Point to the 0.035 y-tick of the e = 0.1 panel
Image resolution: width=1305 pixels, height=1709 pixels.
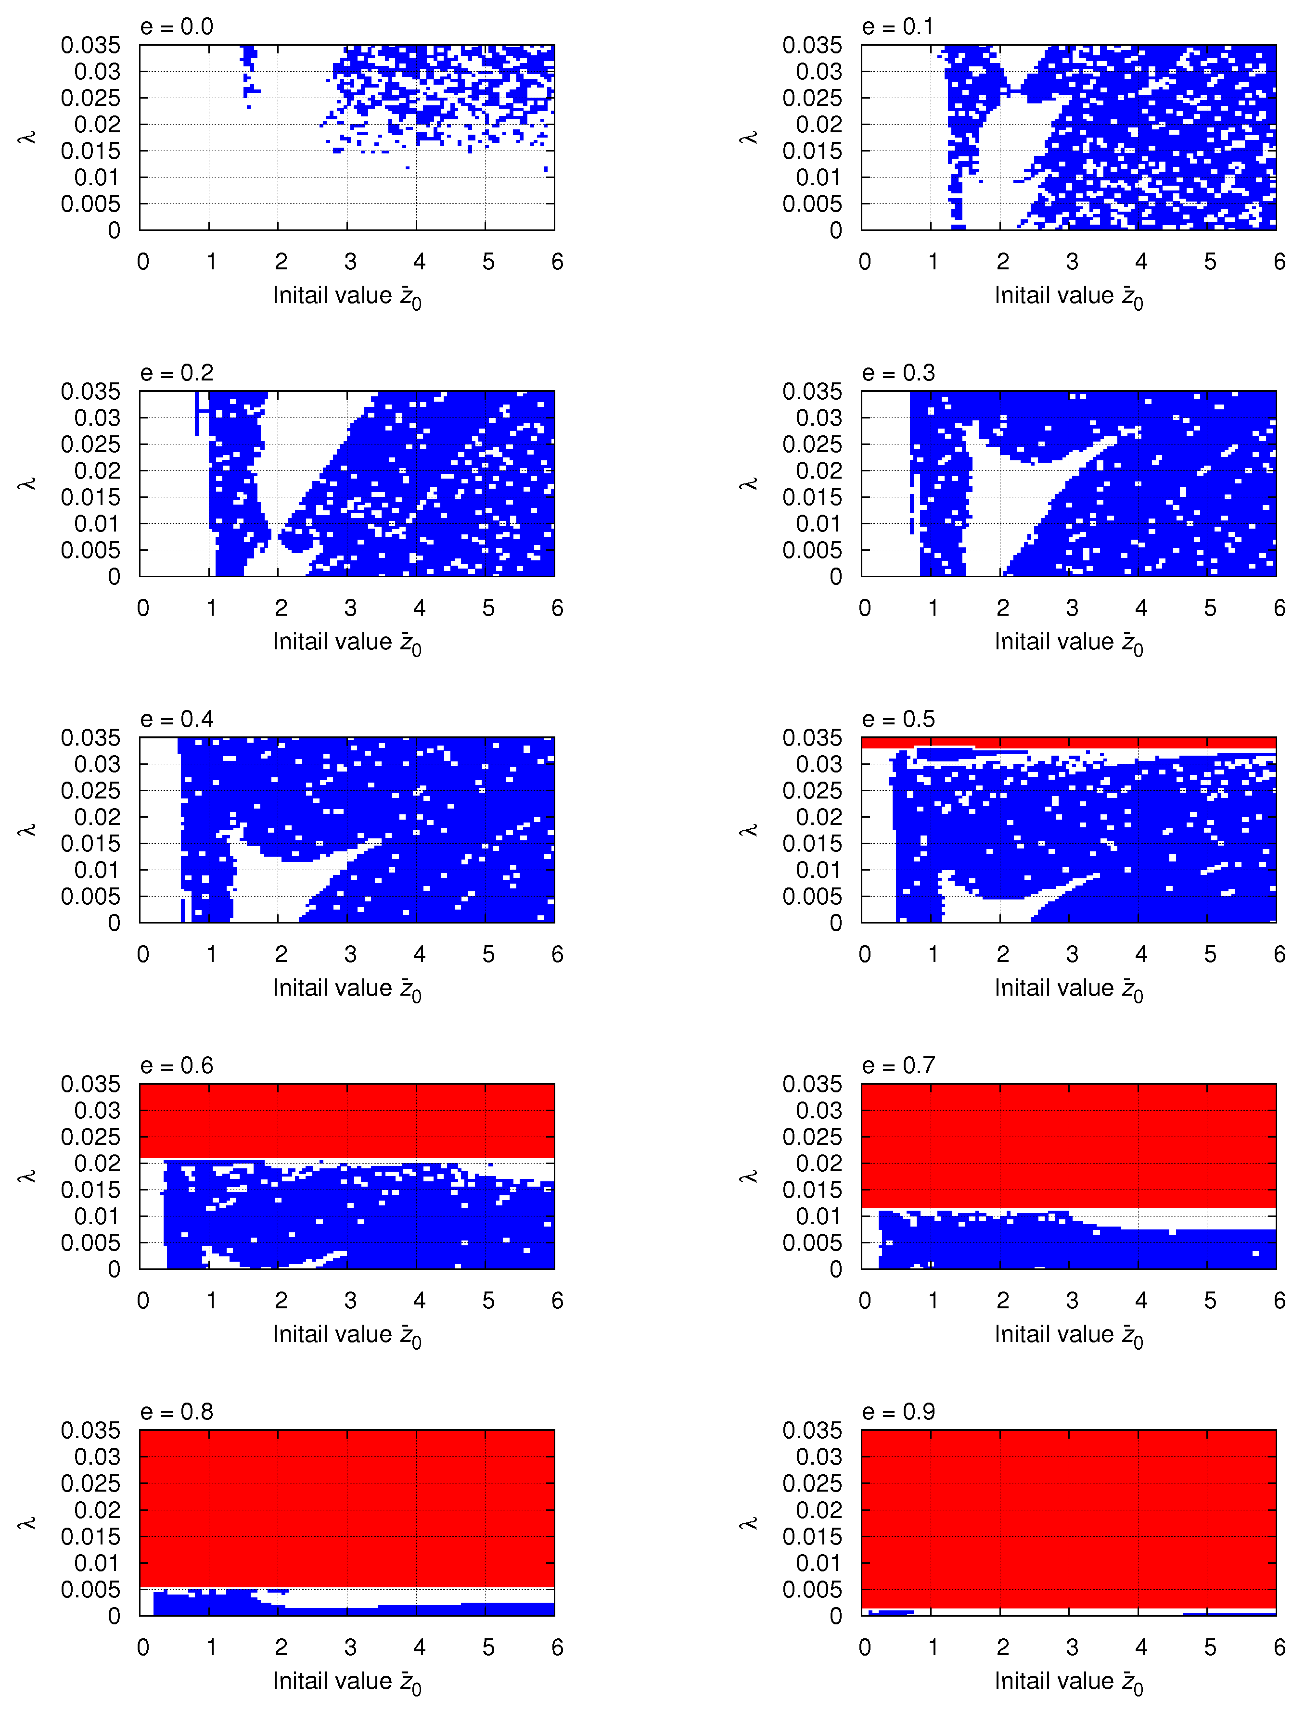click(x=812, y=46)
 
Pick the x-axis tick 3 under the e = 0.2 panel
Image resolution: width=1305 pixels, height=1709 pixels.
click(x=350, y=608)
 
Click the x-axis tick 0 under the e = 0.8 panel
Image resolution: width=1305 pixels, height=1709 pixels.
click(x=143, y=1647)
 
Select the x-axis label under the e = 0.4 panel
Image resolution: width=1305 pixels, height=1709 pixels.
click(x=346, y=989)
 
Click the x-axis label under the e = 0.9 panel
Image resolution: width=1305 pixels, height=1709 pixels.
click(x=1068, y=1682)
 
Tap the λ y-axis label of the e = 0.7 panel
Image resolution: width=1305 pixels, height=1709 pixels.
click(x=749, y=1177)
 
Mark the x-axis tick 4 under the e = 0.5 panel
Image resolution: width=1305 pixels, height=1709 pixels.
click(x=1141, y=954)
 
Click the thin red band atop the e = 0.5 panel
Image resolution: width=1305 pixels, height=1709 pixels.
click(x=1068, y=742)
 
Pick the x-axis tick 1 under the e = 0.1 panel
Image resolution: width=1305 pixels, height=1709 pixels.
click(x=933, y=262)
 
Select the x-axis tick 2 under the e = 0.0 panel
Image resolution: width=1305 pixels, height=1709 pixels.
click(x=281, y=262)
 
